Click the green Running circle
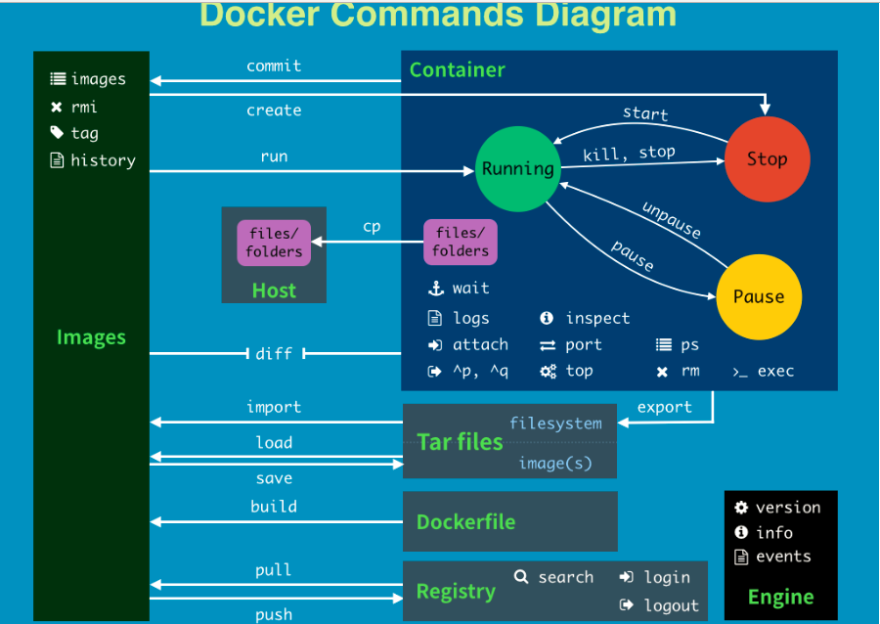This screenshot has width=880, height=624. click(516, 168)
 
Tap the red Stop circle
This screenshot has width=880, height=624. click(768, 158)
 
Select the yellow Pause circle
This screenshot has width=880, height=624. click(759, 296)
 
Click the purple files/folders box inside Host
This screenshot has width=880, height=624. click(274, 243)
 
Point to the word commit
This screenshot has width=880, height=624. click(274, 67)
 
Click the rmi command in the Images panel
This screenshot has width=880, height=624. click(84, 107)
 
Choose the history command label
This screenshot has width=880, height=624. click(103, 160)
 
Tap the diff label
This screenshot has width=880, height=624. click(274, 353)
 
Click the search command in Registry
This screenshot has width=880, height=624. click(565, 577)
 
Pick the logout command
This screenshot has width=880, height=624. click(671, 605)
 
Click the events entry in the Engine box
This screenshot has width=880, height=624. click(783, 557)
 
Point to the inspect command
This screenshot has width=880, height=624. click(597, 318)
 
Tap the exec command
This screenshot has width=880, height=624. click(775, 372)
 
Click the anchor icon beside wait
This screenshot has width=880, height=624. click(436, 289)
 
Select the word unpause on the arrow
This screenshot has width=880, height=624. click(672, 220)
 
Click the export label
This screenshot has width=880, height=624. click(665, 407)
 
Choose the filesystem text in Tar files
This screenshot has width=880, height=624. click(555, 423)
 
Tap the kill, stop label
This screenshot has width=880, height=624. click(629, 154)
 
